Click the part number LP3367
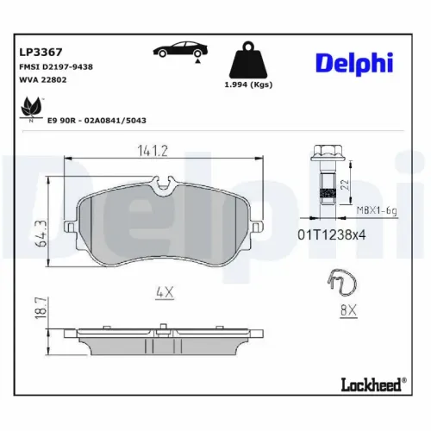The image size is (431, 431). tap(39, 51)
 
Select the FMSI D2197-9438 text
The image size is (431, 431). tap(56, 66)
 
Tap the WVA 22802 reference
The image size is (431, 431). tap(43, 79)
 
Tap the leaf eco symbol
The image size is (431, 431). tap(31, 108)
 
